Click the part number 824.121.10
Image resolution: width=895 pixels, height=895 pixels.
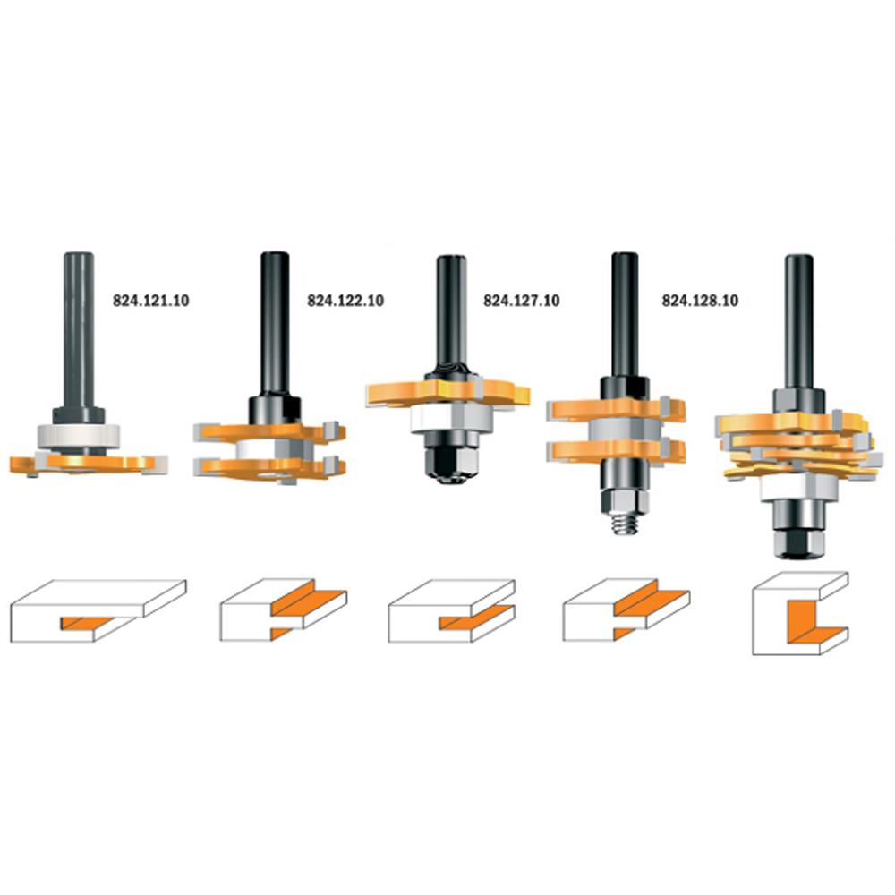click(x=150, y=301)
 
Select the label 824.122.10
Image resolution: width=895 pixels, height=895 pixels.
click(x=345, y=301)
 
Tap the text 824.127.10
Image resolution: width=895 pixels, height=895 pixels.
click(x=522, y=301)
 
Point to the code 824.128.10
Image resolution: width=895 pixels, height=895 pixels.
click(x=700, y=301)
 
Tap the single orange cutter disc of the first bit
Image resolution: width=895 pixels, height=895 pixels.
click(x=89, y=464)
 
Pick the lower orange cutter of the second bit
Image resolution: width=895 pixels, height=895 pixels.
click(x=269, y=467)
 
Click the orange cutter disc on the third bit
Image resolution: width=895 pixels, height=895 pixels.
click(x=447, y=393)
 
